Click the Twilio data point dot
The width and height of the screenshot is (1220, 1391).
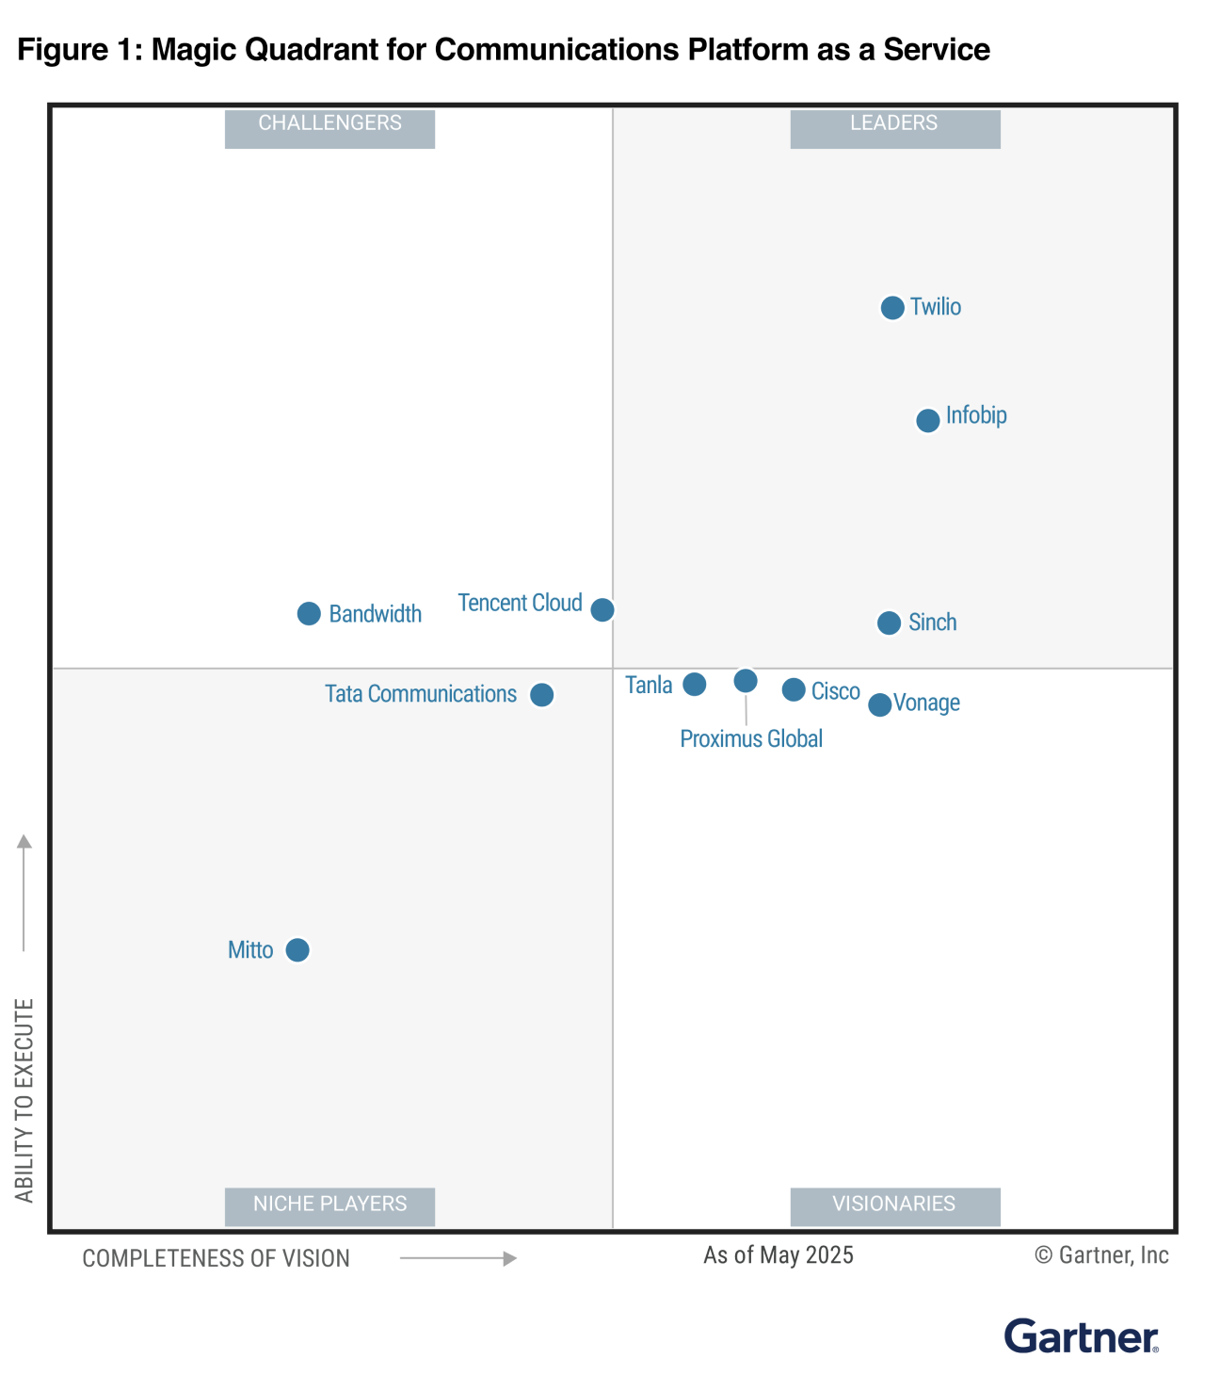click(x=892, y=308)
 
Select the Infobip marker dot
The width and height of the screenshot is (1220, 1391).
click(x=928, y=420)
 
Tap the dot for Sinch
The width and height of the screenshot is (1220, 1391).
click(x=889, y=623)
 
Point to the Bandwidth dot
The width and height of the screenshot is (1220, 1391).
click(x=309, y=614)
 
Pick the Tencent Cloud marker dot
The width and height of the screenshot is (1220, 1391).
click(x=602, y=609)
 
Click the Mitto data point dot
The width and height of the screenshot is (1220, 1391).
click(x=297, y=950)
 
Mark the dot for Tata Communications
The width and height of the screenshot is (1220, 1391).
click(x=541, y=695)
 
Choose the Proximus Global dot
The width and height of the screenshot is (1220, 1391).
click(x=746, y=681)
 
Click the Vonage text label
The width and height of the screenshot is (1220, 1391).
click(x=926, y=703)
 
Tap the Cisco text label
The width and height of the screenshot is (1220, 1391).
click(x=836, y=691)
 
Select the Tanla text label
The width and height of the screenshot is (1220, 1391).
click(x=649, y=685)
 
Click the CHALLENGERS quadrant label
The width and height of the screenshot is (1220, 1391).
click(x=329, y=123)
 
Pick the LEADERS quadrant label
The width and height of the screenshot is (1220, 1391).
click(x=894, y=123)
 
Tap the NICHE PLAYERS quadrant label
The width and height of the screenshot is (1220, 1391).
click(x=329, y=1204)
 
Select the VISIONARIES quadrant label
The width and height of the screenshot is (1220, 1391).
click(x=894, y=1204)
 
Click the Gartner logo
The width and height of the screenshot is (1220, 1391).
click(x=1082, y=1336)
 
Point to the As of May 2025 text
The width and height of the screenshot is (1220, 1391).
click(x=779, y=1255)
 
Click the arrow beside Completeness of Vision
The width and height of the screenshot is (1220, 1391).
click(x=458, y=1258)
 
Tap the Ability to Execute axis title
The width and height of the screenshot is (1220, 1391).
click(x=24, y=1100)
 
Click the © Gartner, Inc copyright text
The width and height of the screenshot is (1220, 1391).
click(x=1101, y=1255)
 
